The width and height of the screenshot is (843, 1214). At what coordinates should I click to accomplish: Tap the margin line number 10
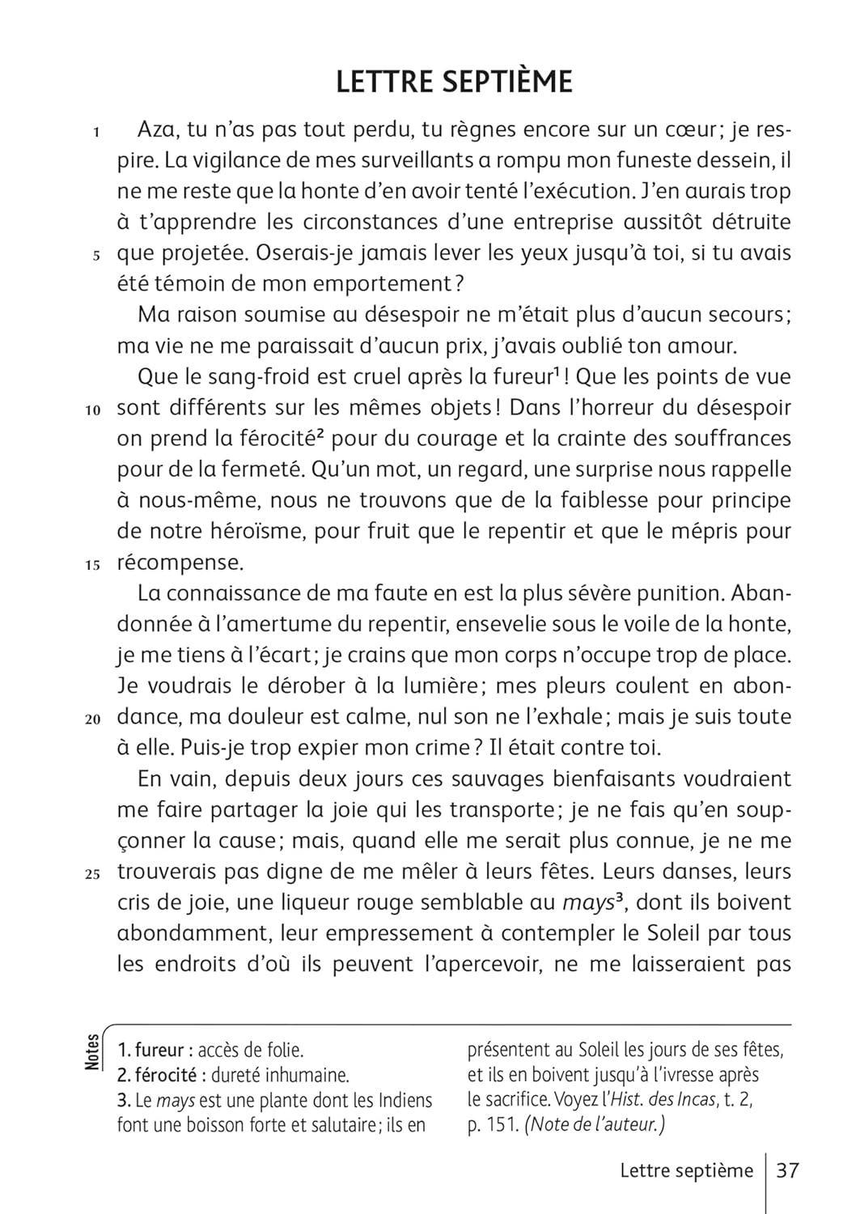pos(92,410)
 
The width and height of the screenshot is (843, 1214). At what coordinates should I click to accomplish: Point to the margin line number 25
pos(92,874)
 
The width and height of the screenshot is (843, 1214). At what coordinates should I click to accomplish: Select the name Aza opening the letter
pos(157,129)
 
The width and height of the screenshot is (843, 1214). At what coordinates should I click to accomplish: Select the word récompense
pos(180,562)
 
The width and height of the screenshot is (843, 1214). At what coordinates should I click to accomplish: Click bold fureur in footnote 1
pos(159,1051)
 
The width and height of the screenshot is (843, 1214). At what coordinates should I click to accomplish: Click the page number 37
pos(787,1170)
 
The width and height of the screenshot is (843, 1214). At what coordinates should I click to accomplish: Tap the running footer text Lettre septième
pos(686,1170)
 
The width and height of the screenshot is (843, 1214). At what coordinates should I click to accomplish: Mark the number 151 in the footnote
pos(500,1125)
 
